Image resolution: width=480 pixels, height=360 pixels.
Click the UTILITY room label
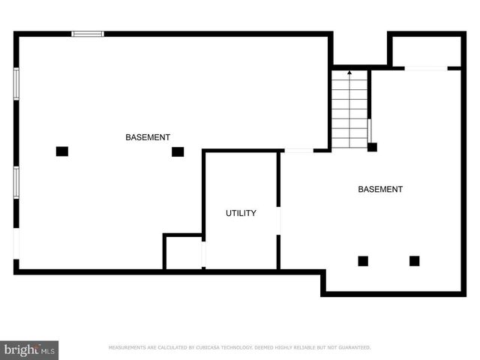241,213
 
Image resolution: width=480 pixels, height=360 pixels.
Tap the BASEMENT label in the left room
147,137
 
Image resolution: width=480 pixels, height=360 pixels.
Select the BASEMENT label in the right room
379,189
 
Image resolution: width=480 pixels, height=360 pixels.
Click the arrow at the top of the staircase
349,73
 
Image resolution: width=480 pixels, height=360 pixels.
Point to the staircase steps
349,112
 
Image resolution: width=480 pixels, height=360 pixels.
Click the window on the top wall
88,34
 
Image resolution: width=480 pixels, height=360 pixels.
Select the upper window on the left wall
16,84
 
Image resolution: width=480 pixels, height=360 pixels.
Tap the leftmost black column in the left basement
62,151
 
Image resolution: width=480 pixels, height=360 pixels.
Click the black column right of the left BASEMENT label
178,151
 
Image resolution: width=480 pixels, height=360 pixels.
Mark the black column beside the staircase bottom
372,147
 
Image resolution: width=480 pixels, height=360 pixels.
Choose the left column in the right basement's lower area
363,261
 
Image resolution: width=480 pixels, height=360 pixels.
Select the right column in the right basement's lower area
414,261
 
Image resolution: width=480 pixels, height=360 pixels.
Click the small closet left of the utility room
183,253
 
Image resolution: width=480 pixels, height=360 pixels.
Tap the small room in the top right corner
425,51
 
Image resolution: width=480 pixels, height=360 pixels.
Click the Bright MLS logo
29,349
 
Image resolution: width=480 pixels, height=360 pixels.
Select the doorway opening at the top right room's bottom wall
426,68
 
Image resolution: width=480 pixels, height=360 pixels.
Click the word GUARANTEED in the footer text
353,348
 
